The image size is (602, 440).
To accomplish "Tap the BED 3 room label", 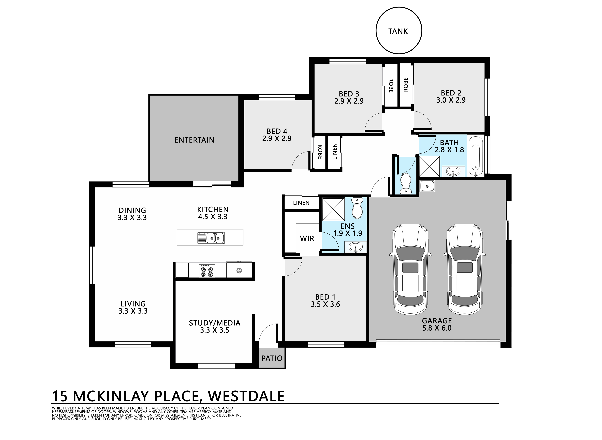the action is pos(349,94).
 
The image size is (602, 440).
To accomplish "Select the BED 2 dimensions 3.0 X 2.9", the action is pos(451,100).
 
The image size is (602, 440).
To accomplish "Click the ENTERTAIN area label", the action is pos(194,140).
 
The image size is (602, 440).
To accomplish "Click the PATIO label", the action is pos(272,358).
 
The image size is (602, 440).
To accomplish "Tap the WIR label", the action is pos(307,238).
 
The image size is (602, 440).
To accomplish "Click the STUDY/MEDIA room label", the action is pos(215,323).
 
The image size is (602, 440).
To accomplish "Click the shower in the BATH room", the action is pos(429,166).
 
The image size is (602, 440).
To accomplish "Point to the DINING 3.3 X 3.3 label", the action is pos(132,214).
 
